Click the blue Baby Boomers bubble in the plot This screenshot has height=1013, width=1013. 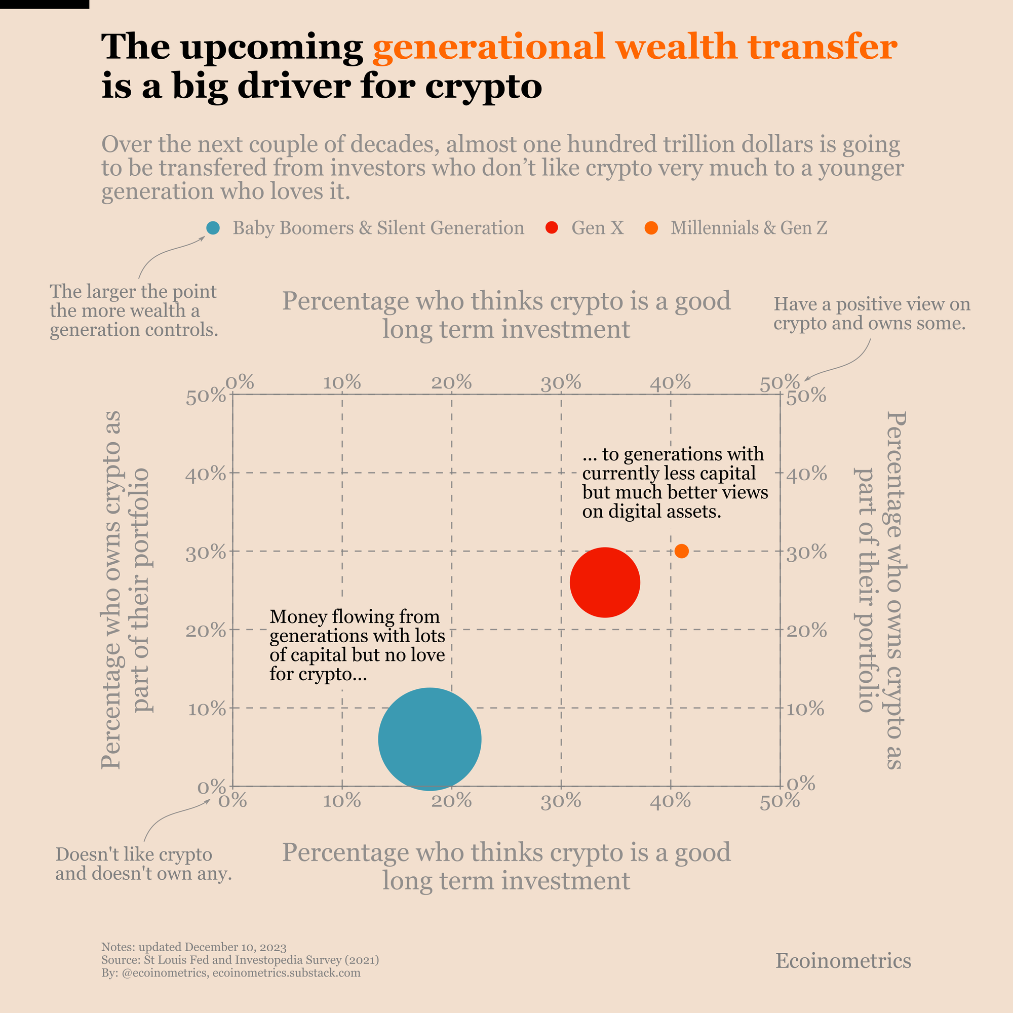pos(430,739)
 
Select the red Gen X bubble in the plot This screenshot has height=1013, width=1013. pos(605,582)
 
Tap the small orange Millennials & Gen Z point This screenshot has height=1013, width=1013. pos(681,551)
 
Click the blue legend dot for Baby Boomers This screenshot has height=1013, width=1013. pos(213,228)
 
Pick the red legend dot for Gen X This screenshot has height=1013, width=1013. pos(551,228)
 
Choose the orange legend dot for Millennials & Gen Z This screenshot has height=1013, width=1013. pos(651,228)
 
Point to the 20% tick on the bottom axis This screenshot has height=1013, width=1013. pos(451,801)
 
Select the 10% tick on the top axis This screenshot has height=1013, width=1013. pos(342,383)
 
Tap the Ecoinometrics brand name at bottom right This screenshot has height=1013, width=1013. pos(843,960)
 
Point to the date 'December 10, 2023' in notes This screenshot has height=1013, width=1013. pos(236,947)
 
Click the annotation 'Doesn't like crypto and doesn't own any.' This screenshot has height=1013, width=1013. pos(143,864)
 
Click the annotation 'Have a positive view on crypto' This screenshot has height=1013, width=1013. pos(871,314)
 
